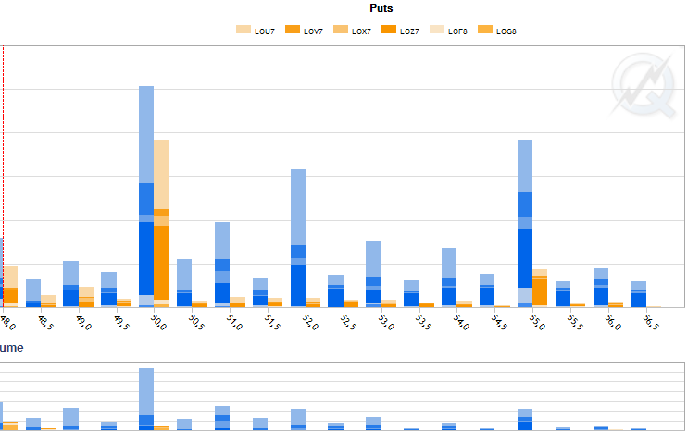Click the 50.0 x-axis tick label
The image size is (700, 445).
click(158, 322)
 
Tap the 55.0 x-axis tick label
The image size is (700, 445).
click(536, 322)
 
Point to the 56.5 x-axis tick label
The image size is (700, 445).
click(650, 322)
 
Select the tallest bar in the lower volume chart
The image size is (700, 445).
click(146, 399)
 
